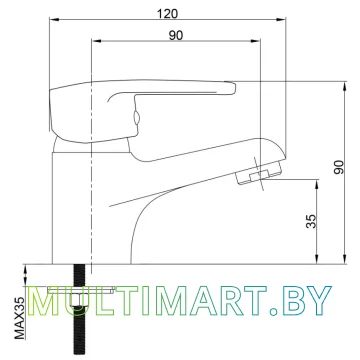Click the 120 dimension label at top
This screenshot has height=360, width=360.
point(168,14)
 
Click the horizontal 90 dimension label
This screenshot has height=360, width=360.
point(176,35)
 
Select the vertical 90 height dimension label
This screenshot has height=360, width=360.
point(339,167)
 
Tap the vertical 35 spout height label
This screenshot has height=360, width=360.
point(311,221)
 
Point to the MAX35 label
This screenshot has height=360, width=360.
point(20,318)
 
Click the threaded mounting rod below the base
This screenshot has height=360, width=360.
point(79,309)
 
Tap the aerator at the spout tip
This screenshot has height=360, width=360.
point(259,173)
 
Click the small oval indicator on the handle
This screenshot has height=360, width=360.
point(136,118)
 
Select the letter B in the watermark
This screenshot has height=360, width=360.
point(295,301)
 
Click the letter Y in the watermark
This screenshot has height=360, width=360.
point(318,301)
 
